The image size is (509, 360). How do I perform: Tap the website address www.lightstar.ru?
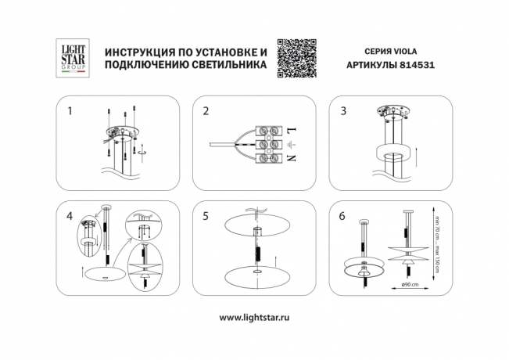tap(255, 318)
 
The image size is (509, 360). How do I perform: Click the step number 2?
tap(206, 111)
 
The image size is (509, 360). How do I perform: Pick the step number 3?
tap(342, 111)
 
